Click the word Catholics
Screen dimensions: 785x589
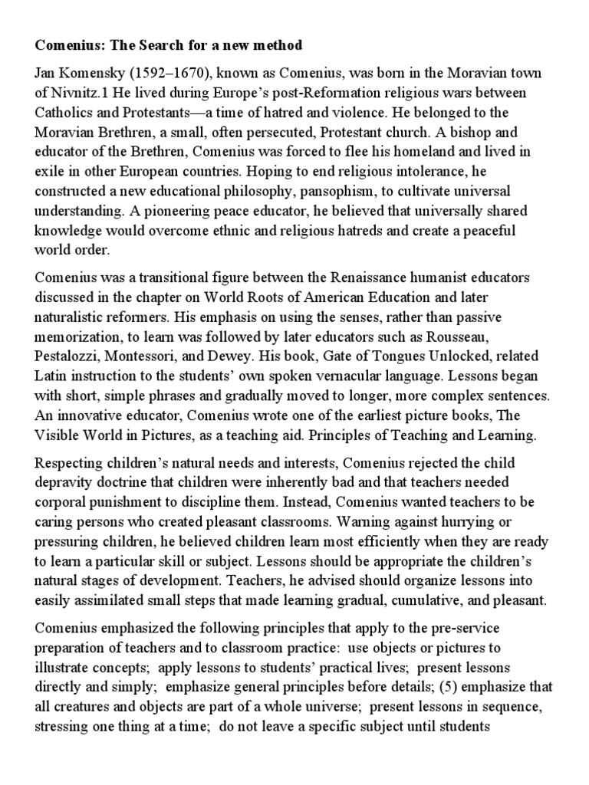[66, 114]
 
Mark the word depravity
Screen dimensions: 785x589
[65, 484]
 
